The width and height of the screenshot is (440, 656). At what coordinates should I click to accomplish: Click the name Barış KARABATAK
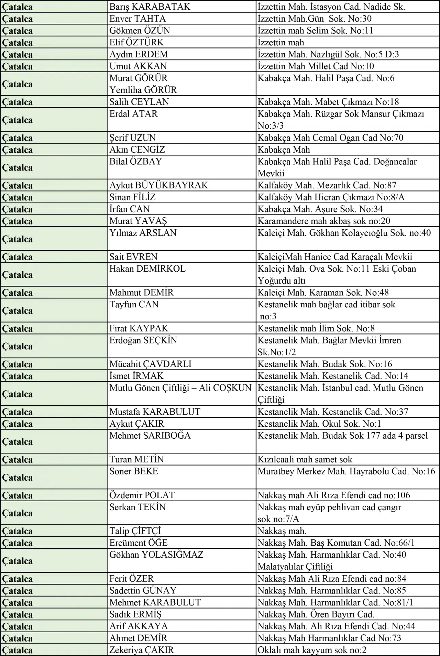click(x=150, y=7)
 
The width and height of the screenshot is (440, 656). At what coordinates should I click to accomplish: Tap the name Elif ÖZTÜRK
click(x=136, y=42)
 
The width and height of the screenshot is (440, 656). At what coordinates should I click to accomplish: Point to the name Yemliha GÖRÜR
click(x=143, y=90)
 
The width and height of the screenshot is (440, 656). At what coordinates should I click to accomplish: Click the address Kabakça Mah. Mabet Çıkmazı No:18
click(x=328, y=102)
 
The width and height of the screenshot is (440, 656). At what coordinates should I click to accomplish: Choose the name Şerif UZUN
click(x=133, y=138)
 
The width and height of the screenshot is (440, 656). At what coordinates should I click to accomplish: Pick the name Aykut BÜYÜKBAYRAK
click(x=158, y=185)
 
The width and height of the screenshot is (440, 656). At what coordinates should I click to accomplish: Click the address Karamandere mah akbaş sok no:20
click(x=324, y=221)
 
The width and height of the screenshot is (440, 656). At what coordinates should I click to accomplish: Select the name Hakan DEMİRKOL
click(x=147, y=269)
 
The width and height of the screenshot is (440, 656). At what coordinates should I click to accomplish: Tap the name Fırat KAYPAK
click(x=139, y=328)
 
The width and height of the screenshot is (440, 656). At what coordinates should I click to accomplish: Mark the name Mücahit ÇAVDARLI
click(x=150, y=364)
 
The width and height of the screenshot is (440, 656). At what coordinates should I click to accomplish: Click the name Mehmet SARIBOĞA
click(x=150, y=436)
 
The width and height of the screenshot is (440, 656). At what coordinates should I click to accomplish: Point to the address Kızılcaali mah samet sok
click(x=305, y=459)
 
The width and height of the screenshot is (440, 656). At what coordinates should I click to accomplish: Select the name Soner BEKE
click(x=134, y=471)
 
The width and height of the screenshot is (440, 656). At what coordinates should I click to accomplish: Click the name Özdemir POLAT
click(x=142, y=495)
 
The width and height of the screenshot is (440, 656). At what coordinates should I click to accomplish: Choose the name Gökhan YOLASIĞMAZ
click(x=156, y=555)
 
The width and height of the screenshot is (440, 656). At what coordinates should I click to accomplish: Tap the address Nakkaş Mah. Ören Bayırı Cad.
click(x=316, y=614)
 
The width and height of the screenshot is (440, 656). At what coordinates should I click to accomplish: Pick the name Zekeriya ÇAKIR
click(x=142, y=650)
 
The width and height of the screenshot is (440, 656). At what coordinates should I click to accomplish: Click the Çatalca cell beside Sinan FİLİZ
click(x=17, y=197)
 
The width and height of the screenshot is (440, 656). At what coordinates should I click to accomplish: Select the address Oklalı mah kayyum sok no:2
click(x=312, y=650)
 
